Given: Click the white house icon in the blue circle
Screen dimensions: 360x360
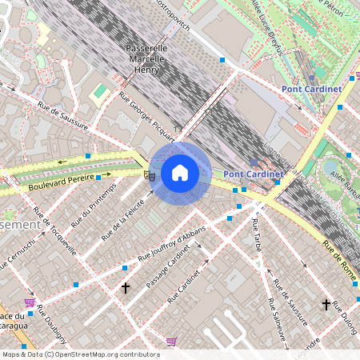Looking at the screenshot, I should (180, 173).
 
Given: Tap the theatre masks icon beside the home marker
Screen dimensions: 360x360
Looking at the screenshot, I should (148, 174).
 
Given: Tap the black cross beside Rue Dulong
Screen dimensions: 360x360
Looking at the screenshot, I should (326, 304).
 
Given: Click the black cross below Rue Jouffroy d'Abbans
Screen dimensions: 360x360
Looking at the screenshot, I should (125, 286).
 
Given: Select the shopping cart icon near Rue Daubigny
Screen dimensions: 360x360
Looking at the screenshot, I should (30, 302).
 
